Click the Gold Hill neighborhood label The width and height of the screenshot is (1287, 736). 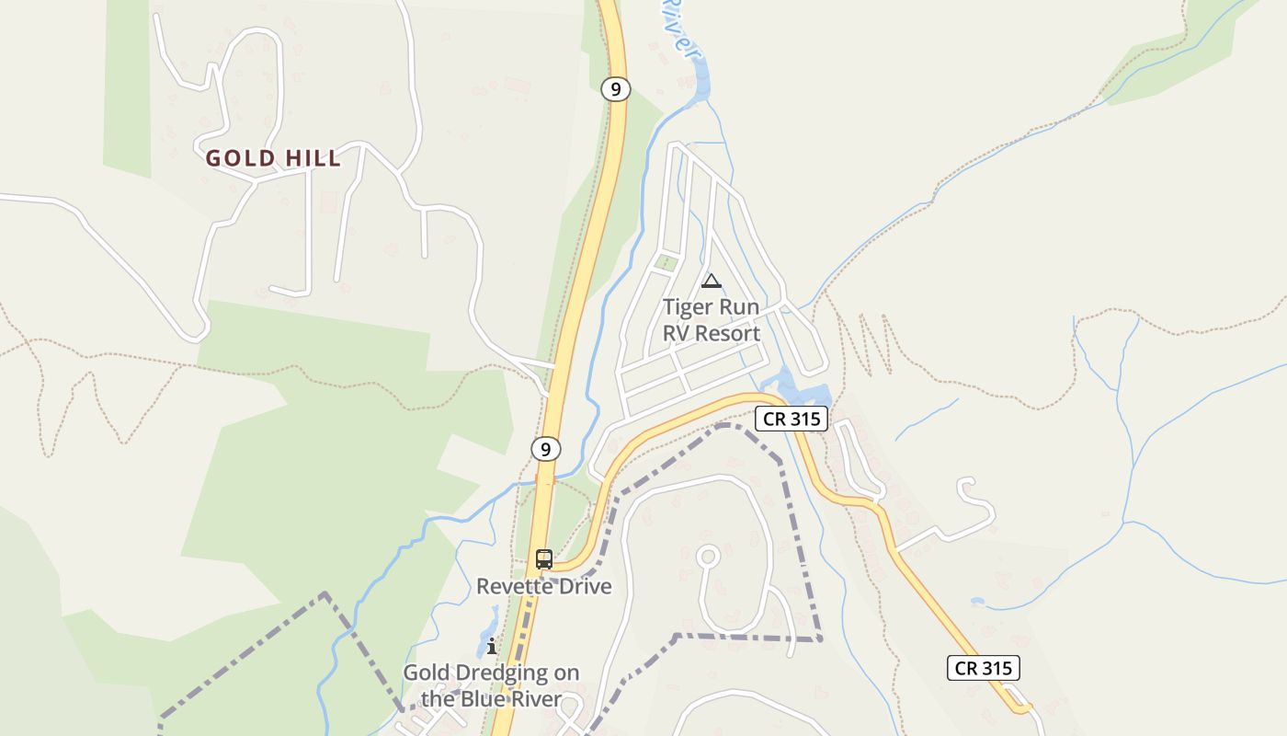(x=273, y=158)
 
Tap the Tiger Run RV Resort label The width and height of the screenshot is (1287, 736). (x=712, y=319)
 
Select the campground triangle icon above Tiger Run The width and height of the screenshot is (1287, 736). (x=711, y=281)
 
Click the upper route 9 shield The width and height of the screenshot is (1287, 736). (x=616, y=89)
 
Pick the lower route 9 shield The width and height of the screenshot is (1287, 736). (x=546, y=449)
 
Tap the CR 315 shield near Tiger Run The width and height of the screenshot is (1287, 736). (x=792, y=420)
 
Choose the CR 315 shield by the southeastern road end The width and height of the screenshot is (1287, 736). (x=983, y=668)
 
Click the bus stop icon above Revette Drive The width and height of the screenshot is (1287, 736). (x=544, y=558)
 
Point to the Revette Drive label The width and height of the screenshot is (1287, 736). (x=543, y=586)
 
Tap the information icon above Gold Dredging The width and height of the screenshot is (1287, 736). (x=492, y=646)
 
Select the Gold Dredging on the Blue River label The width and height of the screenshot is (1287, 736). (x=491, y=685)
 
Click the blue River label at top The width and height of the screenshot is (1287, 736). (x=676, y=28)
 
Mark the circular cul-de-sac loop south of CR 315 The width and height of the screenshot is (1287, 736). (x=707, y=557)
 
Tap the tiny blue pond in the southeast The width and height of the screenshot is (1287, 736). (x=977, y=602)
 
